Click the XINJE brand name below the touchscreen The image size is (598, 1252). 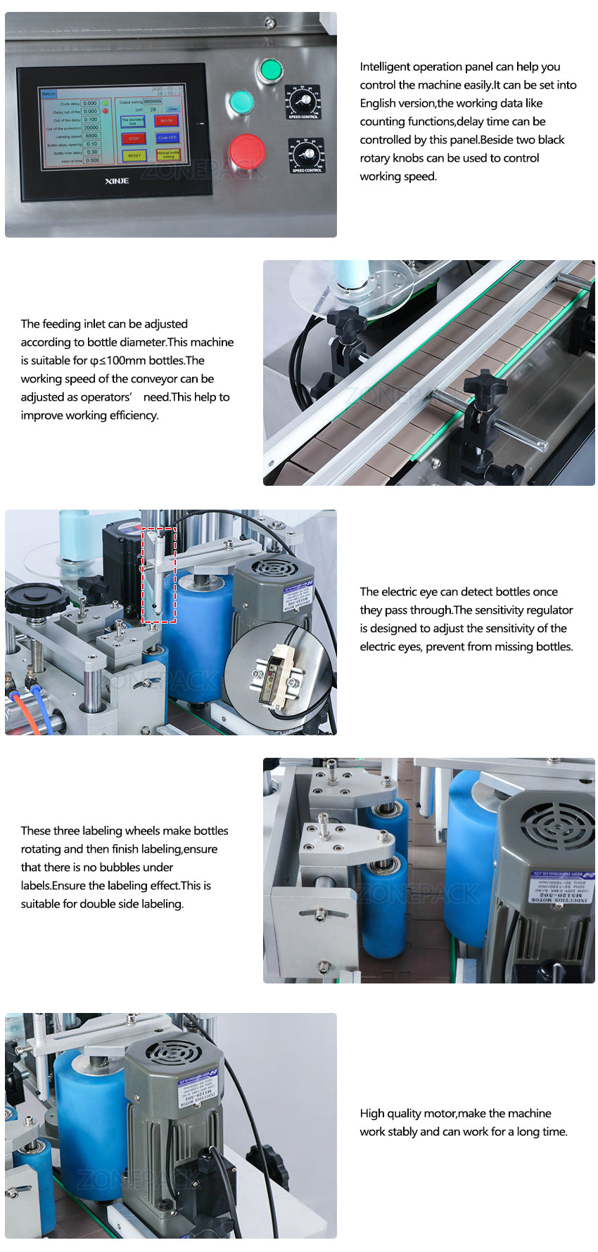click(x=117, y=181)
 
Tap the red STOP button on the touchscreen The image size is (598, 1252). click(x=134, y=138)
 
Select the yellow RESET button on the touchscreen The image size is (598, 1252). click(x=134, y=155)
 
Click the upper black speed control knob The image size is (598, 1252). click(x=304, y=101)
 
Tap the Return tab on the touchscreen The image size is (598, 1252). click(x=49, y=93)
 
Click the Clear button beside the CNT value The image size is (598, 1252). click(x=172, y=110)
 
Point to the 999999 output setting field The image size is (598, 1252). click(x=153, y=102)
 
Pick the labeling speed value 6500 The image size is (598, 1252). click(x=91, y=136)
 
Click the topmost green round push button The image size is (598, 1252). click(x=270, y=70)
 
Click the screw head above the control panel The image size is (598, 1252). click(x=269, y=23)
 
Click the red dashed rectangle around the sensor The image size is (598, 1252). click(x=159, y=575)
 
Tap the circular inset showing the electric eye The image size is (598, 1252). click(x=278, y=671)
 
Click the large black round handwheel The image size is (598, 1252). click(x=37, y=598)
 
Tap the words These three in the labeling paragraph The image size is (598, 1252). click(x=50, y=831)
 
